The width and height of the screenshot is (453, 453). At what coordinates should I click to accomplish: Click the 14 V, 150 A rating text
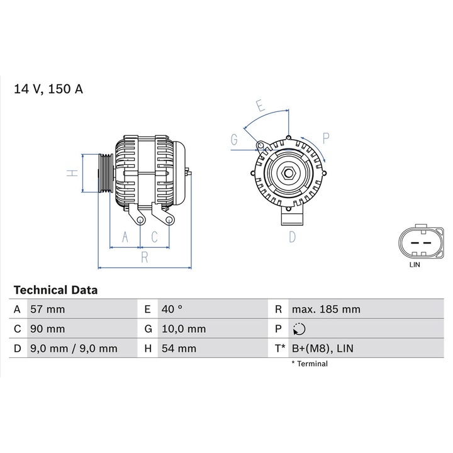(x=48, y=89)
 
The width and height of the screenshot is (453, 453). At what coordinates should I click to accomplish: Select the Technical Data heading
(x=55, y=290)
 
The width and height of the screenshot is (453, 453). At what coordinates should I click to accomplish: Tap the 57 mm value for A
(x=47, y=310)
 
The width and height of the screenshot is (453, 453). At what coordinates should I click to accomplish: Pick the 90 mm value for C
(x=47, y=329)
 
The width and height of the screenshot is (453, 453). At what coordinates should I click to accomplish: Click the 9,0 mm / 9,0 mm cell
(x=74, y=348)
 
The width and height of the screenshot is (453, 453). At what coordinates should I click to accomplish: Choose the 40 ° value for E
(x=171, y=310)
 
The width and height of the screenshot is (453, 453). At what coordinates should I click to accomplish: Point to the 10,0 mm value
(x=183, y=329)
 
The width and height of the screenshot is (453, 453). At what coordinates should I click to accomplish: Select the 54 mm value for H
(x=178, y=348)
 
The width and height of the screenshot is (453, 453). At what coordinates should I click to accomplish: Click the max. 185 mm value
(x=326, y=310)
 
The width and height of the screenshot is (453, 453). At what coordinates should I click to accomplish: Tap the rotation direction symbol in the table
(x=299, y=329)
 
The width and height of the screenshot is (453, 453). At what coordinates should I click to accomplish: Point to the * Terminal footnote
(x=309, y=364)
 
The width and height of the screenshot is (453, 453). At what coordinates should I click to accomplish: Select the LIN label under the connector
(x=414, y=266)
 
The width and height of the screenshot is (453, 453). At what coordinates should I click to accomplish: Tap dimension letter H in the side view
(x=72, y=173)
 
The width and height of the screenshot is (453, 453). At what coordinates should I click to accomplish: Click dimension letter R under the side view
(x=144, y=257)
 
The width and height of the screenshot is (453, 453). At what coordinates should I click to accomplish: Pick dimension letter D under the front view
(x=292, y=237)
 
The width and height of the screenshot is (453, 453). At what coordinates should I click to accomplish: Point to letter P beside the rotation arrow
(x=326, y=138)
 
